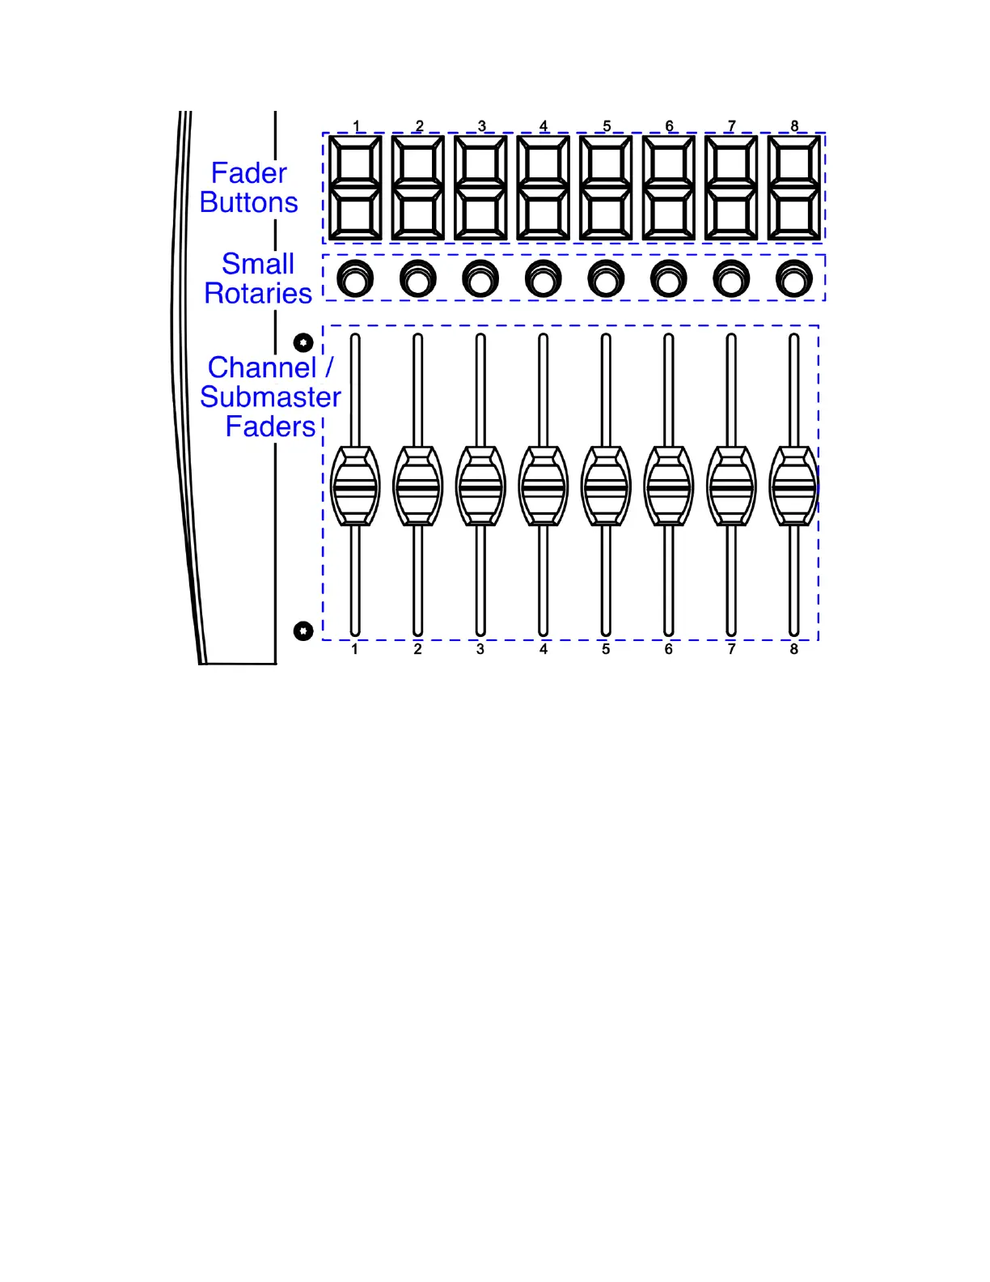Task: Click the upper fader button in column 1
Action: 355,163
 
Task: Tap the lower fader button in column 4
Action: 543,214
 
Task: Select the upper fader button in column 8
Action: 793,163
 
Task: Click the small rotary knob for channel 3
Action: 480,279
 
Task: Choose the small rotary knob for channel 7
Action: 730,279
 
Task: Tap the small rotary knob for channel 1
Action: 354,279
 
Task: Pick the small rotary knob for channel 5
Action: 605,279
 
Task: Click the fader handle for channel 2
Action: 417,486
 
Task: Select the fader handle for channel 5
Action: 606,486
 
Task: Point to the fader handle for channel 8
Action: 793,486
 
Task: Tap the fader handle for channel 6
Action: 668,486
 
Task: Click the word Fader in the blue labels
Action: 248,173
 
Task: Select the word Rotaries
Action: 258,293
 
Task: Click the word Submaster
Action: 270,397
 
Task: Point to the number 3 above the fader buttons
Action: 482,125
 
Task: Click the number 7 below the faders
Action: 731,649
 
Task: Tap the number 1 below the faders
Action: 354,649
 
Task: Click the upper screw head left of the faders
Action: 303,342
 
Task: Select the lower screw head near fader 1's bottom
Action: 303,630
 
